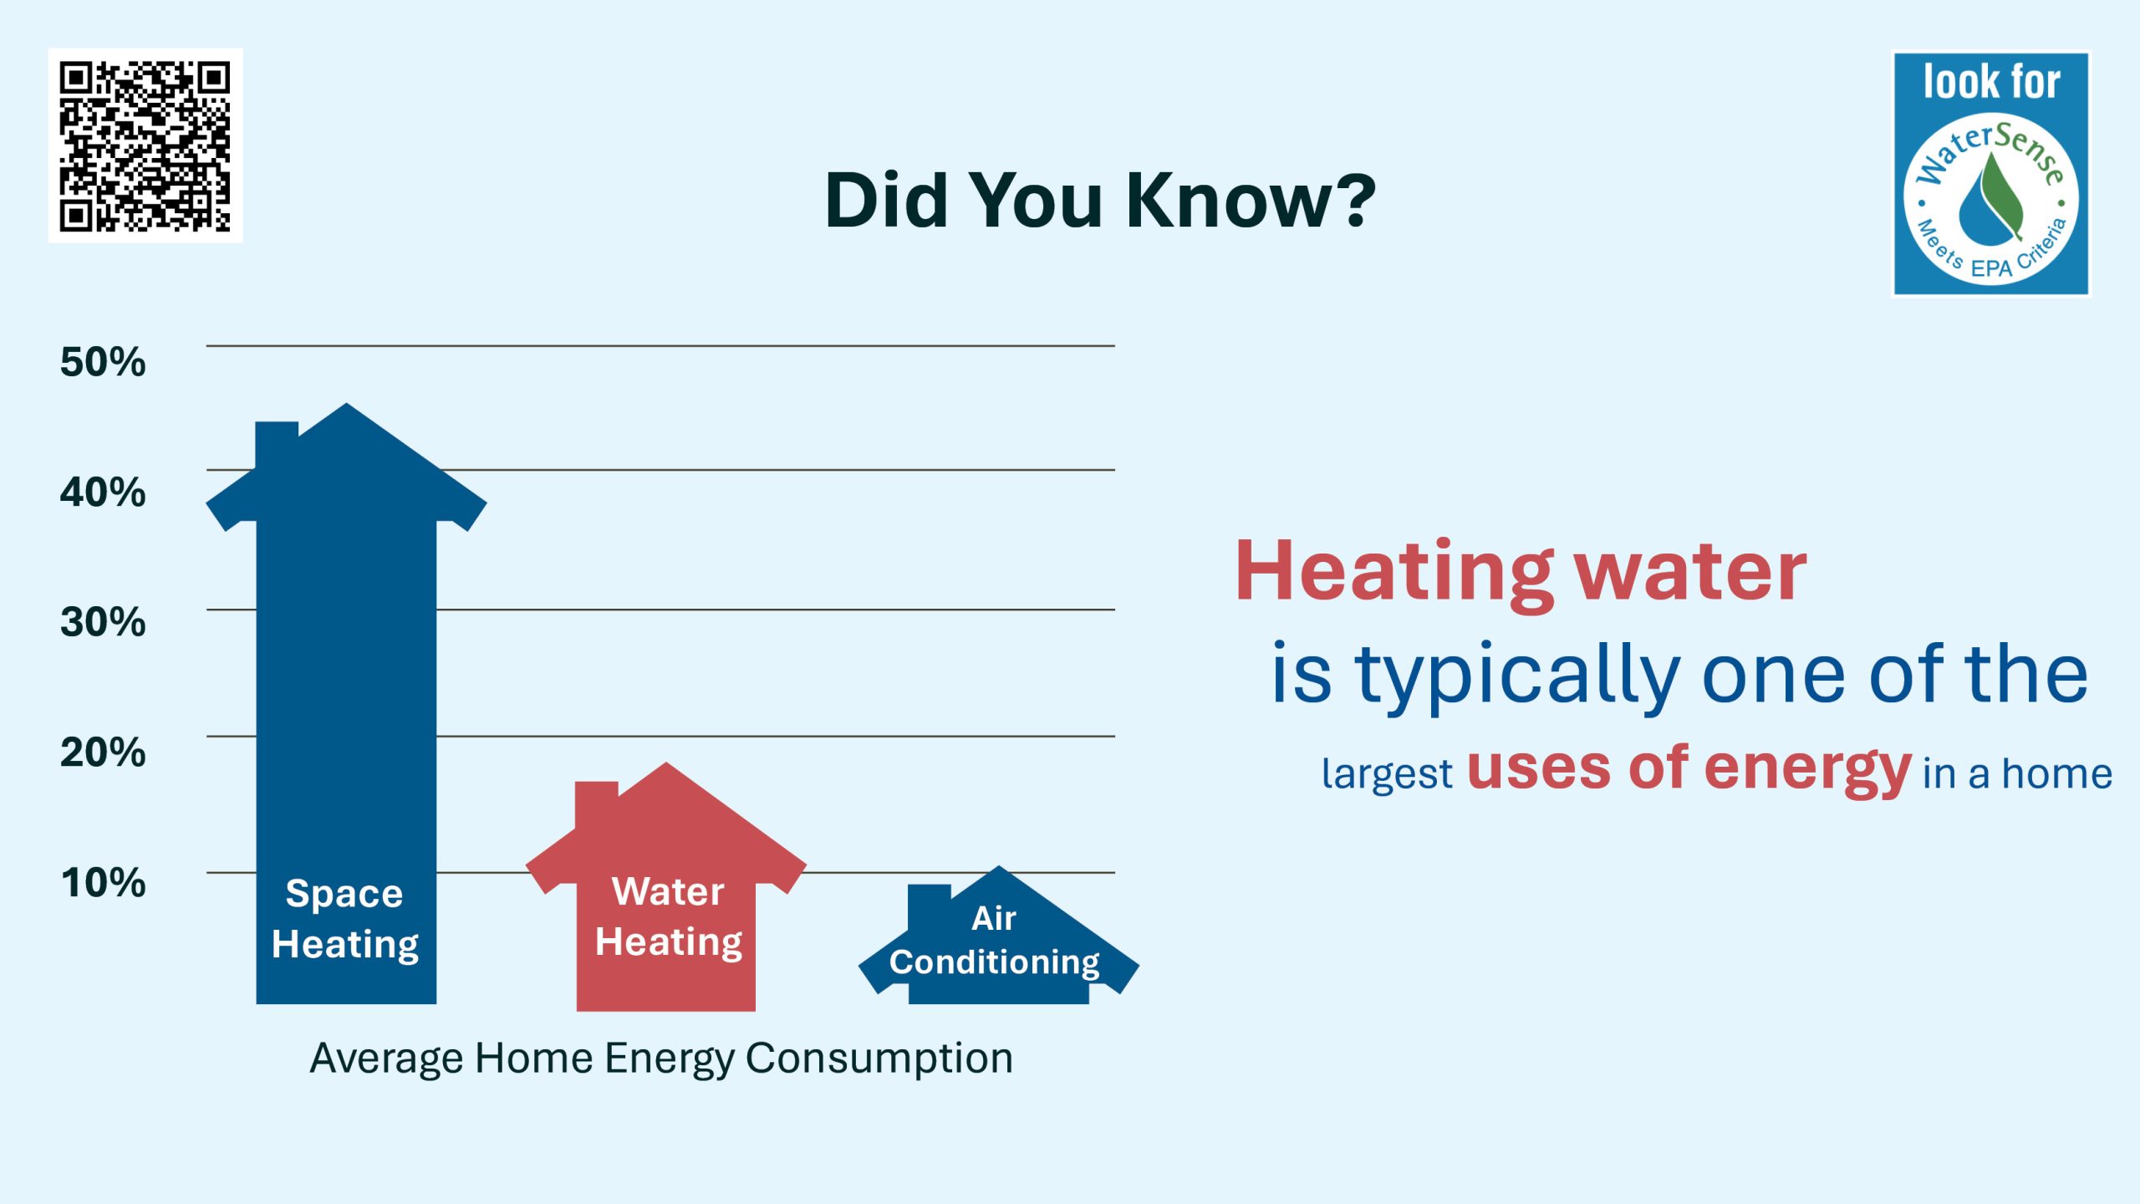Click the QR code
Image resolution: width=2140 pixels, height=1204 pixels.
click(x=145, y=145)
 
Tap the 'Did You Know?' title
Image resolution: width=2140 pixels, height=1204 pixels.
click(x=1100, y=201)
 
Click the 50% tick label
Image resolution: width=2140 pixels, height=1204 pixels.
click(x=103, y=362)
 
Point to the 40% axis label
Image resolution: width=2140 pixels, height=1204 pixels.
click(x=103, y=492)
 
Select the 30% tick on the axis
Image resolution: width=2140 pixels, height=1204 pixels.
click(x=103, y=622)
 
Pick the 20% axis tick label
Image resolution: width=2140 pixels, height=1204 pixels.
click(x=103, y=752)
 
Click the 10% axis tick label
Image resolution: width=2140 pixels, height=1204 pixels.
click(x=103, y=882)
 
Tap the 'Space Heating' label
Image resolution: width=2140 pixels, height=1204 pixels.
click(x=345, y=919)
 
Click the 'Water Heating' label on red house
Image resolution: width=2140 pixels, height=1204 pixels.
click(x=669, y=916)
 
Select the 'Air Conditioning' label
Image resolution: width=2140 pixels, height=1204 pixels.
click(x=995, y=940)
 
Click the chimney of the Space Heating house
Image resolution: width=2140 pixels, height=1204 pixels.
click(x=277, y=445)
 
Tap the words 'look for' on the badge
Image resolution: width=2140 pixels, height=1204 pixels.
click(x=1991, y=82)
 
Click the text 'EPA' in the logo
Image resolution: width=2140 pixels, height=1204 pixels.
click(x=1990, y=268)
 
